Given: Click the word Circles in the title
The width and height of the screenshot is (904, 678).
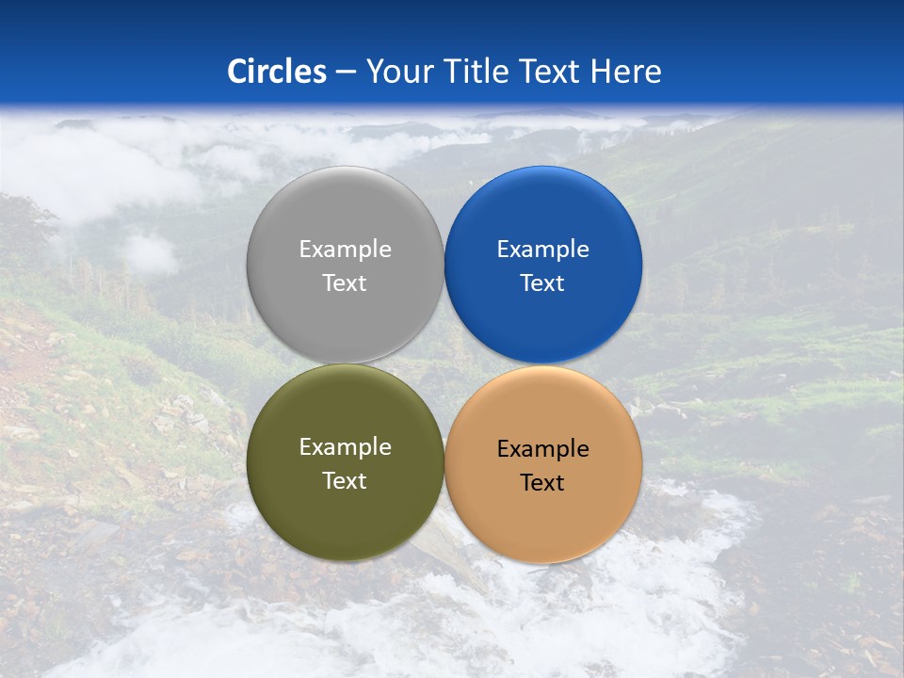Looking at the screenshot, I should pyautogui.click(x=276, y=72).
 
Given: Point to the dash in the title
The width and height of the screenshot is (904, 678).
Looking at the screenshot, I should pyautogui.click(x=346, y=73).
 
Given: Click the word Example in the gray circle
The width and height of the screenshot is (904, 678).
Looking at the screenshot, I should pyautogui.click(x=345, y=250).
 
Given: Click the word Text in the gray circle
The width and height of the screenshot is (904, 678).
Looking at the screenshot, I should pyautogui.click(x=345, y=282).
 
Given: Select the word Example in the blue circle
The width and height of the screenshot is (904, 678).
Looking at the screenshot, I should pyautogui.click(x=542, y=250).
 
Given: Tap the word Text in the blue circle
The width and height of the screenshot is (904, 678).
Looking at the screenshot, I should pyautogui.click(x=542, y=282).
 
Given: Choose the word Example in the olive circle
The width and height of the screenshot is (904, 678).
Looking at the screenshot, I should pyautogui.click(x=345, y=447).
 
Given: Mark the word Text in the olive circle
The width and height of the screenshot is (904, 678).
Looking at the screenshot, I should pyautogui.click(x=345, y=480).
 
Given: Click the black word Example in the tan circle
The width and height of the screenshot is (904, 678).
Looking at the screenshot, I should pyautogui.click(x=542, y=449).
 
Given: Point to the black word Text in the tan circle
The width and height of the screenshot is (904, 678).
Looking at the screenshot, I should pyautogui.click(x=542, y=483).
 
